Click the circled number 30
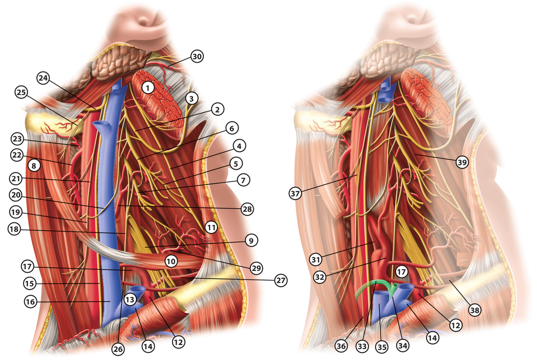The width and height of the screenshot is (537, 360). pyautogui.click(x=197, y=56)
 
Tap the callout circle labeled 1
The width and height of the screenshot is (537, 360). pyautogui.click(x=147, y=87)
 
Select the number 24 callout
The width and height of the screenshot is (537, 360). pyautogui.click(x=43, y=78)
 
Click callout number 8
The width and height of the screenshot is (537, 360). pyautogui.click(x=34, y=166)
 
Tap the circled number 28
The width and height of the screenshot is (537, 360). pyautogui.click(x=248, y=209)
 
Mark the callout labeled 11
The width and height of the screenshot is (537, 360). pyautogui.click(x=211, y=228)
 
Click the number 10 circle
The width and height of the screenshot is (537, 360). pyautogui.click(x=170, y=261)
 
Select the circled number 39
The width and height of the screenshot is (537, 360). pyautogui.click(x=461, y=163)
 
